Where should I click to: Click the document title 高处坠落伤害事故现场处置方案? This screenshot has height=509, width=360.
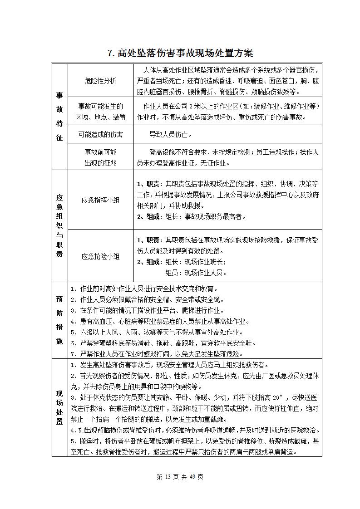[180, 53]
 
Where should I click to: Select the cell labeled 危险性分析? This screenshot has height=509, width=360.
[100, 81]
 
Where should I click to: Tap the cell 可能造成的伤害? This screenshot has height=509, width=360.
[100, 134]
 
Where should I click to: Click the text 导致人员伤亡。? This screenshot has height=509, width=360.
[171, 134]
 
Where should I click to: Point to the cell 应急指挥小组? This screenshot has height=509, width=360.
[100, 200]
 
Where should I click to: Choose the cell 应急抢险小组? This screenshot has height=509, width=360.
[100, 256]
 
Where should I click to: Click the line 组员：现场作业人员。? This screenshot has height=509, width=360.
[196, 273]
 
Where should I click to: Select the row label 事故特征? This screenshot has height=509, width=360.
[59, 117]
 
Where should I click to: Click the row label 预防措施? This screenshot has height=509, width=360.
[59, 321]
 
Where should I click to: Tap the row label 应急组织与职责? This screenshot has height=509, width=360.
[59, 226]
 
